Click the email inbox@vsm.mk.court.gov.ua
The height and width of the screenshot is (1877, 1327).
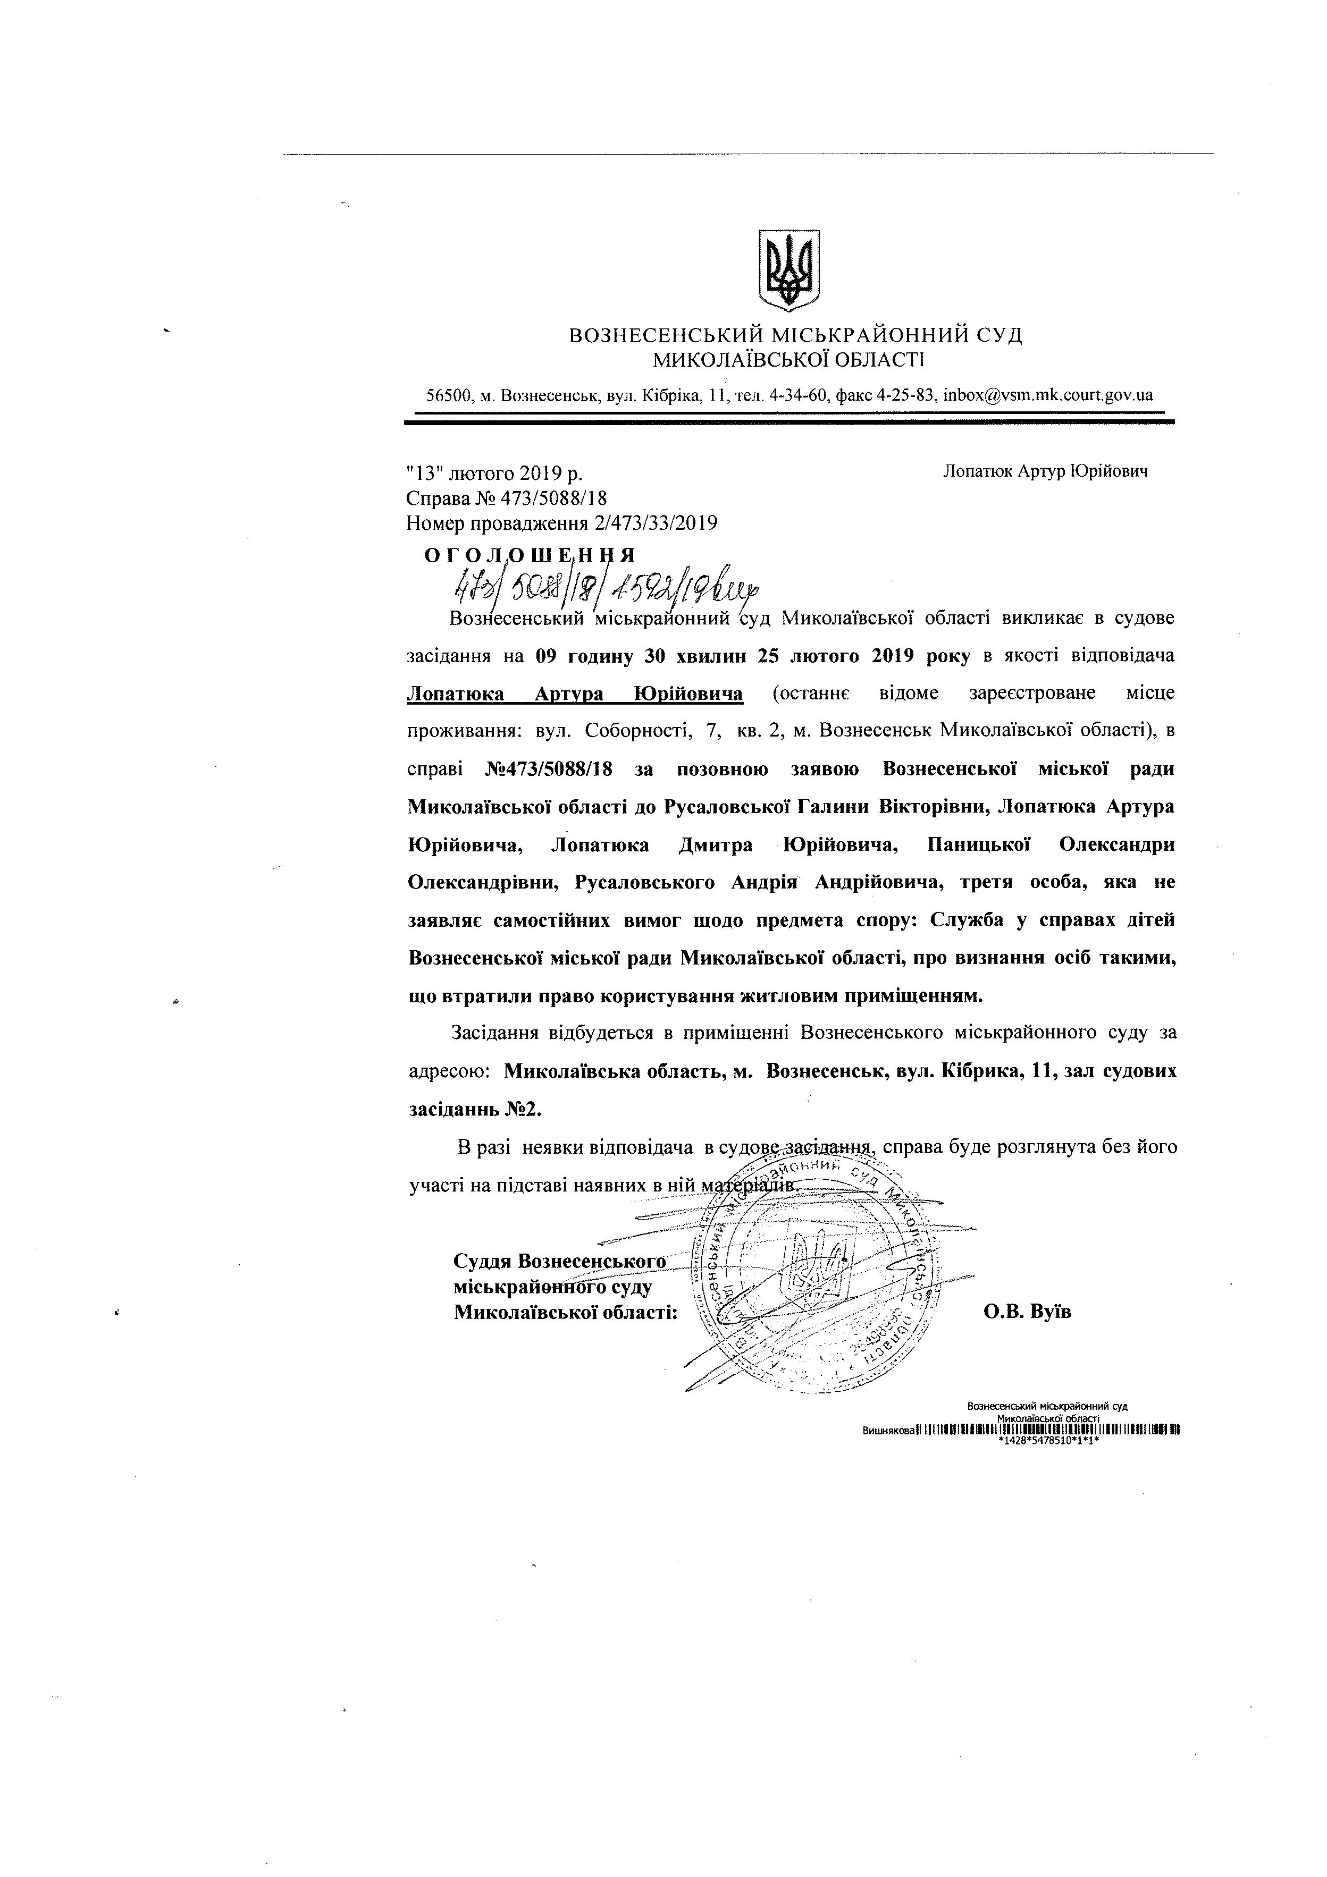1048,395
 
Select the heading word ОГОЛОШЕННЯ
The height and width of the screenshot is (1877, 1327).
530,555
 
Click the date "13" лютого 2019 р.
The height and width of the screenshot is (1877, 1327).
494,474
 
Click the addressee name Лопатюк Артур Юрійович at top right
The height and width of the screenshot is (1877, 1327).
1045,472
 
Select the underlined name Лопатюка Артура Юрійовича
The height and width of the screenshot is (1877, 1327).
575,694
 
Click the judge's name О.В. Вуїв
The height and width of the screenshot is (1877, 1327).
1027,1311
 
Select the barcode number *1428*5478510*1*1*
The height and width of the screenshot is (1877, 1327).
1047,1441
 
